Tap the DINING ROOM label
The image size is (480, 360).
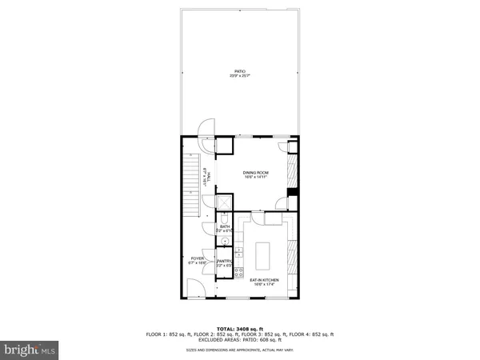pos(255,174)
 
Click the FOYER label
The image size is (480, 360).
pos(197,260)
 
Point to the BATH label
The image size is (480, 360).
pos(225,229)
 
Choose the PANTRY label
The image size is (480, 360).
pos(224,262)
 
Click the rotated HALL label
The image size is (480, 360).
pos(206,175)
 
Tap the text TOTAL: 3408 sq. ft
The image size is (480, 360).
pos(240,327)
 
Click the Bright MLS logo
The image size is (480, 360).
pos(30,350)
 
